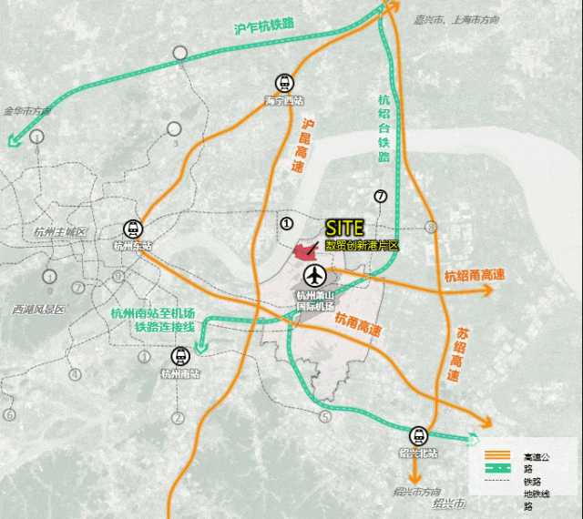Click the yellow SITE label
click(x=345, y=228)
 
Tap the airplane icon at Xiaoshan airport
click(x=315, y=274)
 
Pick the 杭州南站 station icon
click(x=179, y=355)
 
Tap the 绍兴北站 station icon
click(x=419, y=435)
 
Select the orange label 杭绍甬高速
click(x=475, y=275)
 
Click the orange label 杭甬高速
click(x=358, y=321)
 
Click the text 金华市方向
click(x=27, y=111)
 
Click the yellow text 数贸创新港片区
click(x=362, y=246)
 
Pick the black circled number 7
click(x=380, y=196)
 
